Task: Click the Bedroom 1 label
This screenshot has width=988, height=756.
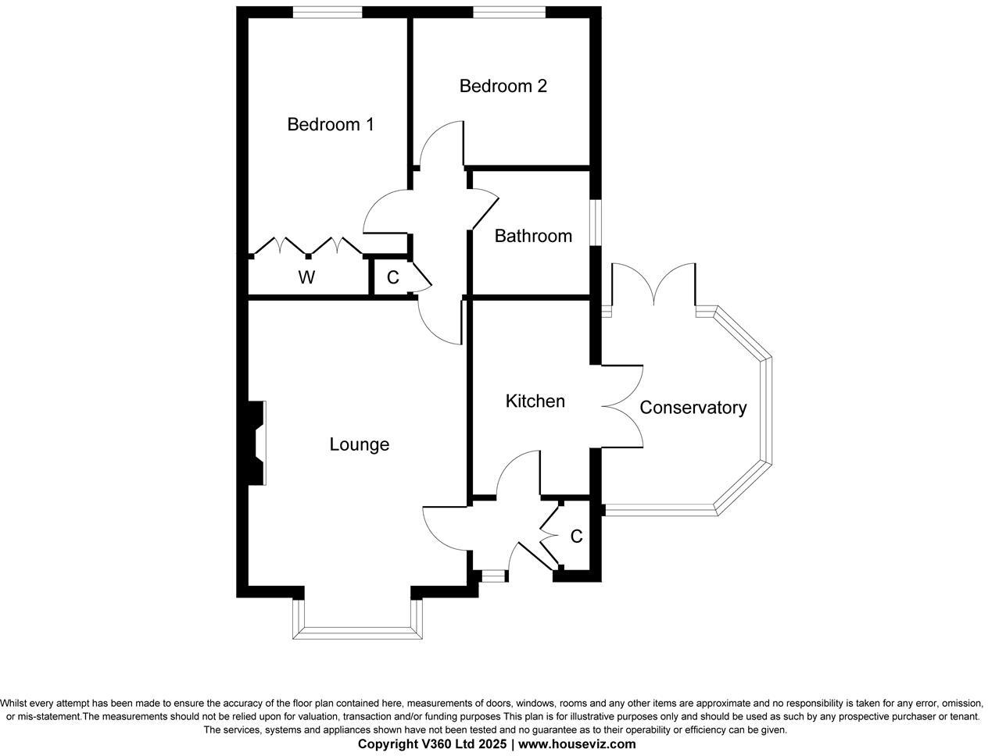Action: tap(330, 124)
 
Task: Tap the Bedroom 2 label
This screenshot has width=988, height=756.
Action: tap(503, 86)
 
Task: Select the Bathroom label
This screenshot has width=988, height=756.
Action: tap(533, 236)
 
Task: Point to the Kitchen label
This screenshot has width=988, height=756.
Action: tap(535, 401)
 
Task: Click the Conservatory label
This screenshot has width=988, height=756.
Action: tap(693, 408)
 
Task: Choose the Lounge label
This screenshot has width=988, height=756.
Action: tap(359, 444)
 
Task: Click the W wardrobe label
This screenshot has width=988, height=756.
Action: tap(307, 277)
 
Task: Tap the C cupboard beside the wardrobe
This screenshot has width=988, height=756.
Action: tap(393, 277)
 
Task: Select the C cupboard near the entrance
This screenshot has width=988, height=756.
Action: tap(576, 537)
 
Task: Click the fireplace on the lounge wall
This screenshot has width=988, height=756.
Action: tap(256, 444)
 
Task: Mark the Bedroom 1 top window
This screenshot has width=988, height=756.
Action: tap(328, 12)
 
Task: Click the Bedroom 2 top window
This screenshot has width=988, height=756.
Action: tap(509, 12)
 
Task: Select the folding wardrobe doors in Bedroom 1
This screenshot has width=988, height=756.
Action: tap(307, 246)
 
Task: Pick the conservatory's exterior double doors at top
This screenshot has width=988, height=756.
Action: tap(653, 286)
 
